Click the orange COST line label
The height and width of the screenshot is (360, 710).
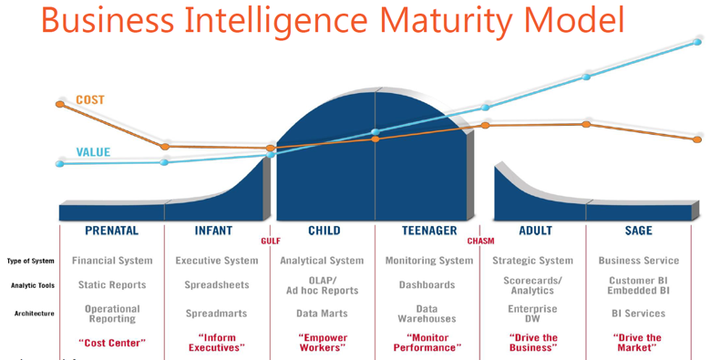89,99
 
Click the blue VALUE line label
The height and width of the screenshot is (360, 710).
92,152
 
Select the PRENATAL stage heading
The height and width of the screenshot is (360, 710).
111,231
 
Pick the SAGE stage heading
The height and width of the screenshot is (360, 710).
638,231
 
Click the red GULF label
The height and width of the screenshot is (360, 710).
270,242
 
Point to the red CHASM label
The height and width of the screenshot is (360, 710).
480,242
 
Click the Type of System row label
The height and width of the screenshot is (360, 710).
30,261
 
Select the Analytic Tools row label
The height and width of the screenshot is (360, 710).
32,285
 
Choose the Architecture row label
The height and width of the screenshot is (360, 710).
34,314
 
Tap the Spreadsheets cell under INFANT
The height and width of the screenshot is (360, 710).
216,285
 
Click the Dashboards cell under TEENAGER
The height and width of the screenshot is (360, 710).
427,285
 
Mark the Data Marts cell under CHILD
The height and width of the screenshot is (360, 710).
322,314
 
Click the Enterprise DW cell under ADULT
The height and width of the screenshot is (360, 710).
532,314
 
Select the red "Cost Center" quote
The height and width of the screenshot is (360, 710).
112,343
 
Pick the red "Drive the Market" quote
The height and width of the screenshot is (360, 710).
638,343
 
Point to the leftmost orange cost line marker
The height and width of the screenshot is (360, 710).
60,104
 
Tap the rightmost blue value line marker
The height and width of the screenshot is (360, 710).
697,42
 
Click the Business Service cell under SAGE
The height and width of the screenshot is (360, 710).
638,261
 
